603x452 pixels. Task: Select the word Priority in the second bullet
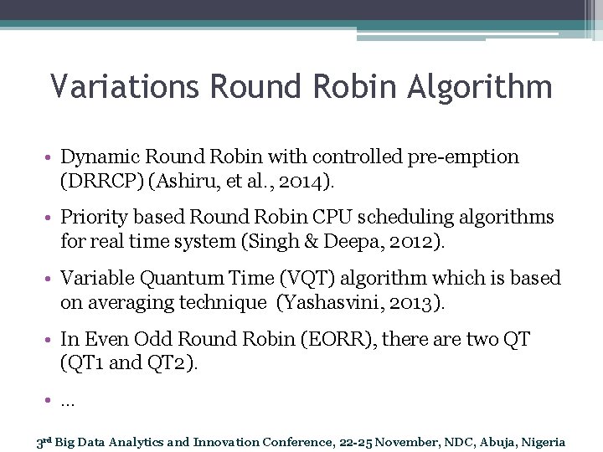pyautogui.click(x=94, y=218)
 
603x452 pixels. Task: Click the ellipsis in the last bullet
pyautogui.click(x=68, y=400)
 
